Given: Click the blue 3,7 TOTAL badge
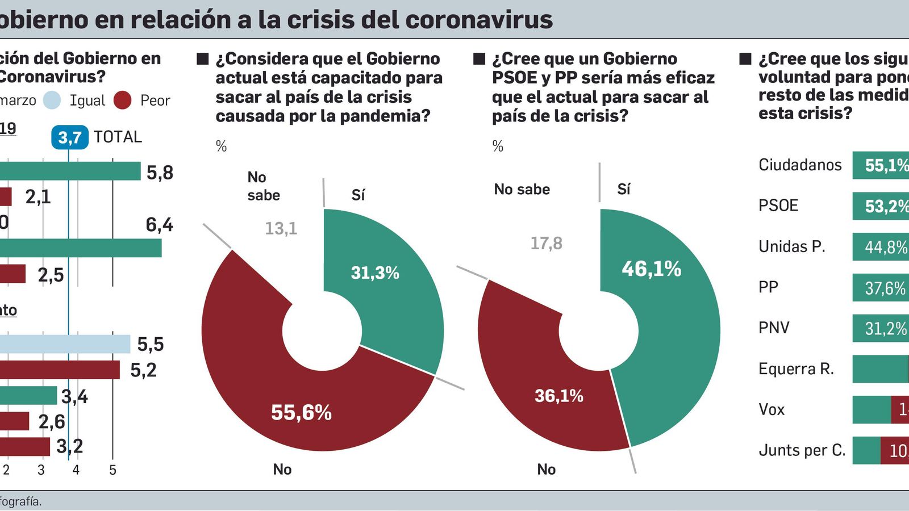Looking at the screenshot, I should click(70, 137).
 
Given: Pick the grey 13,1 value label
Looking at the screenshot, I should click(281, 229).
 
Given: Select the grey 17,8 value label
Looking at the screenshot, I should click(546, 244).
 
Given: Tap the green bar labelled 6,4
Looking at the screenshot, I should click(80, 248).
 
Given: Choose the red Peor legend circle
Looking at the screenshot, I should click(123, 100).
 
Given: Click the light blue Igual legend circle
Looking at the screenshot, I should click(52, 100).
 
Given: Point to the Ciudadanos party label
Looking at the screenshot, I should click(800, 165).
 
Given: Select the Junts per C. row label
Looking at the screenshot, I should click(802, 451).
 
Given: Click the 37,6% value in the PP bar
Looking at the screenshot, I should click(885, 288).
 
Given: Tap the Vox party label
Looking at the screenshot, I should click(771, 409).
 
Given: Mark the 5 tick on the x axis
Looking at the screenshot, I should click(112, 470).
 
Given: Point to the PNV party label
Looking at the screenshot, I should click(773, 328).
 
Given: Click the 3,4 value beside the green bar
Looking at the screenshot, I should click(74, 396).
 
